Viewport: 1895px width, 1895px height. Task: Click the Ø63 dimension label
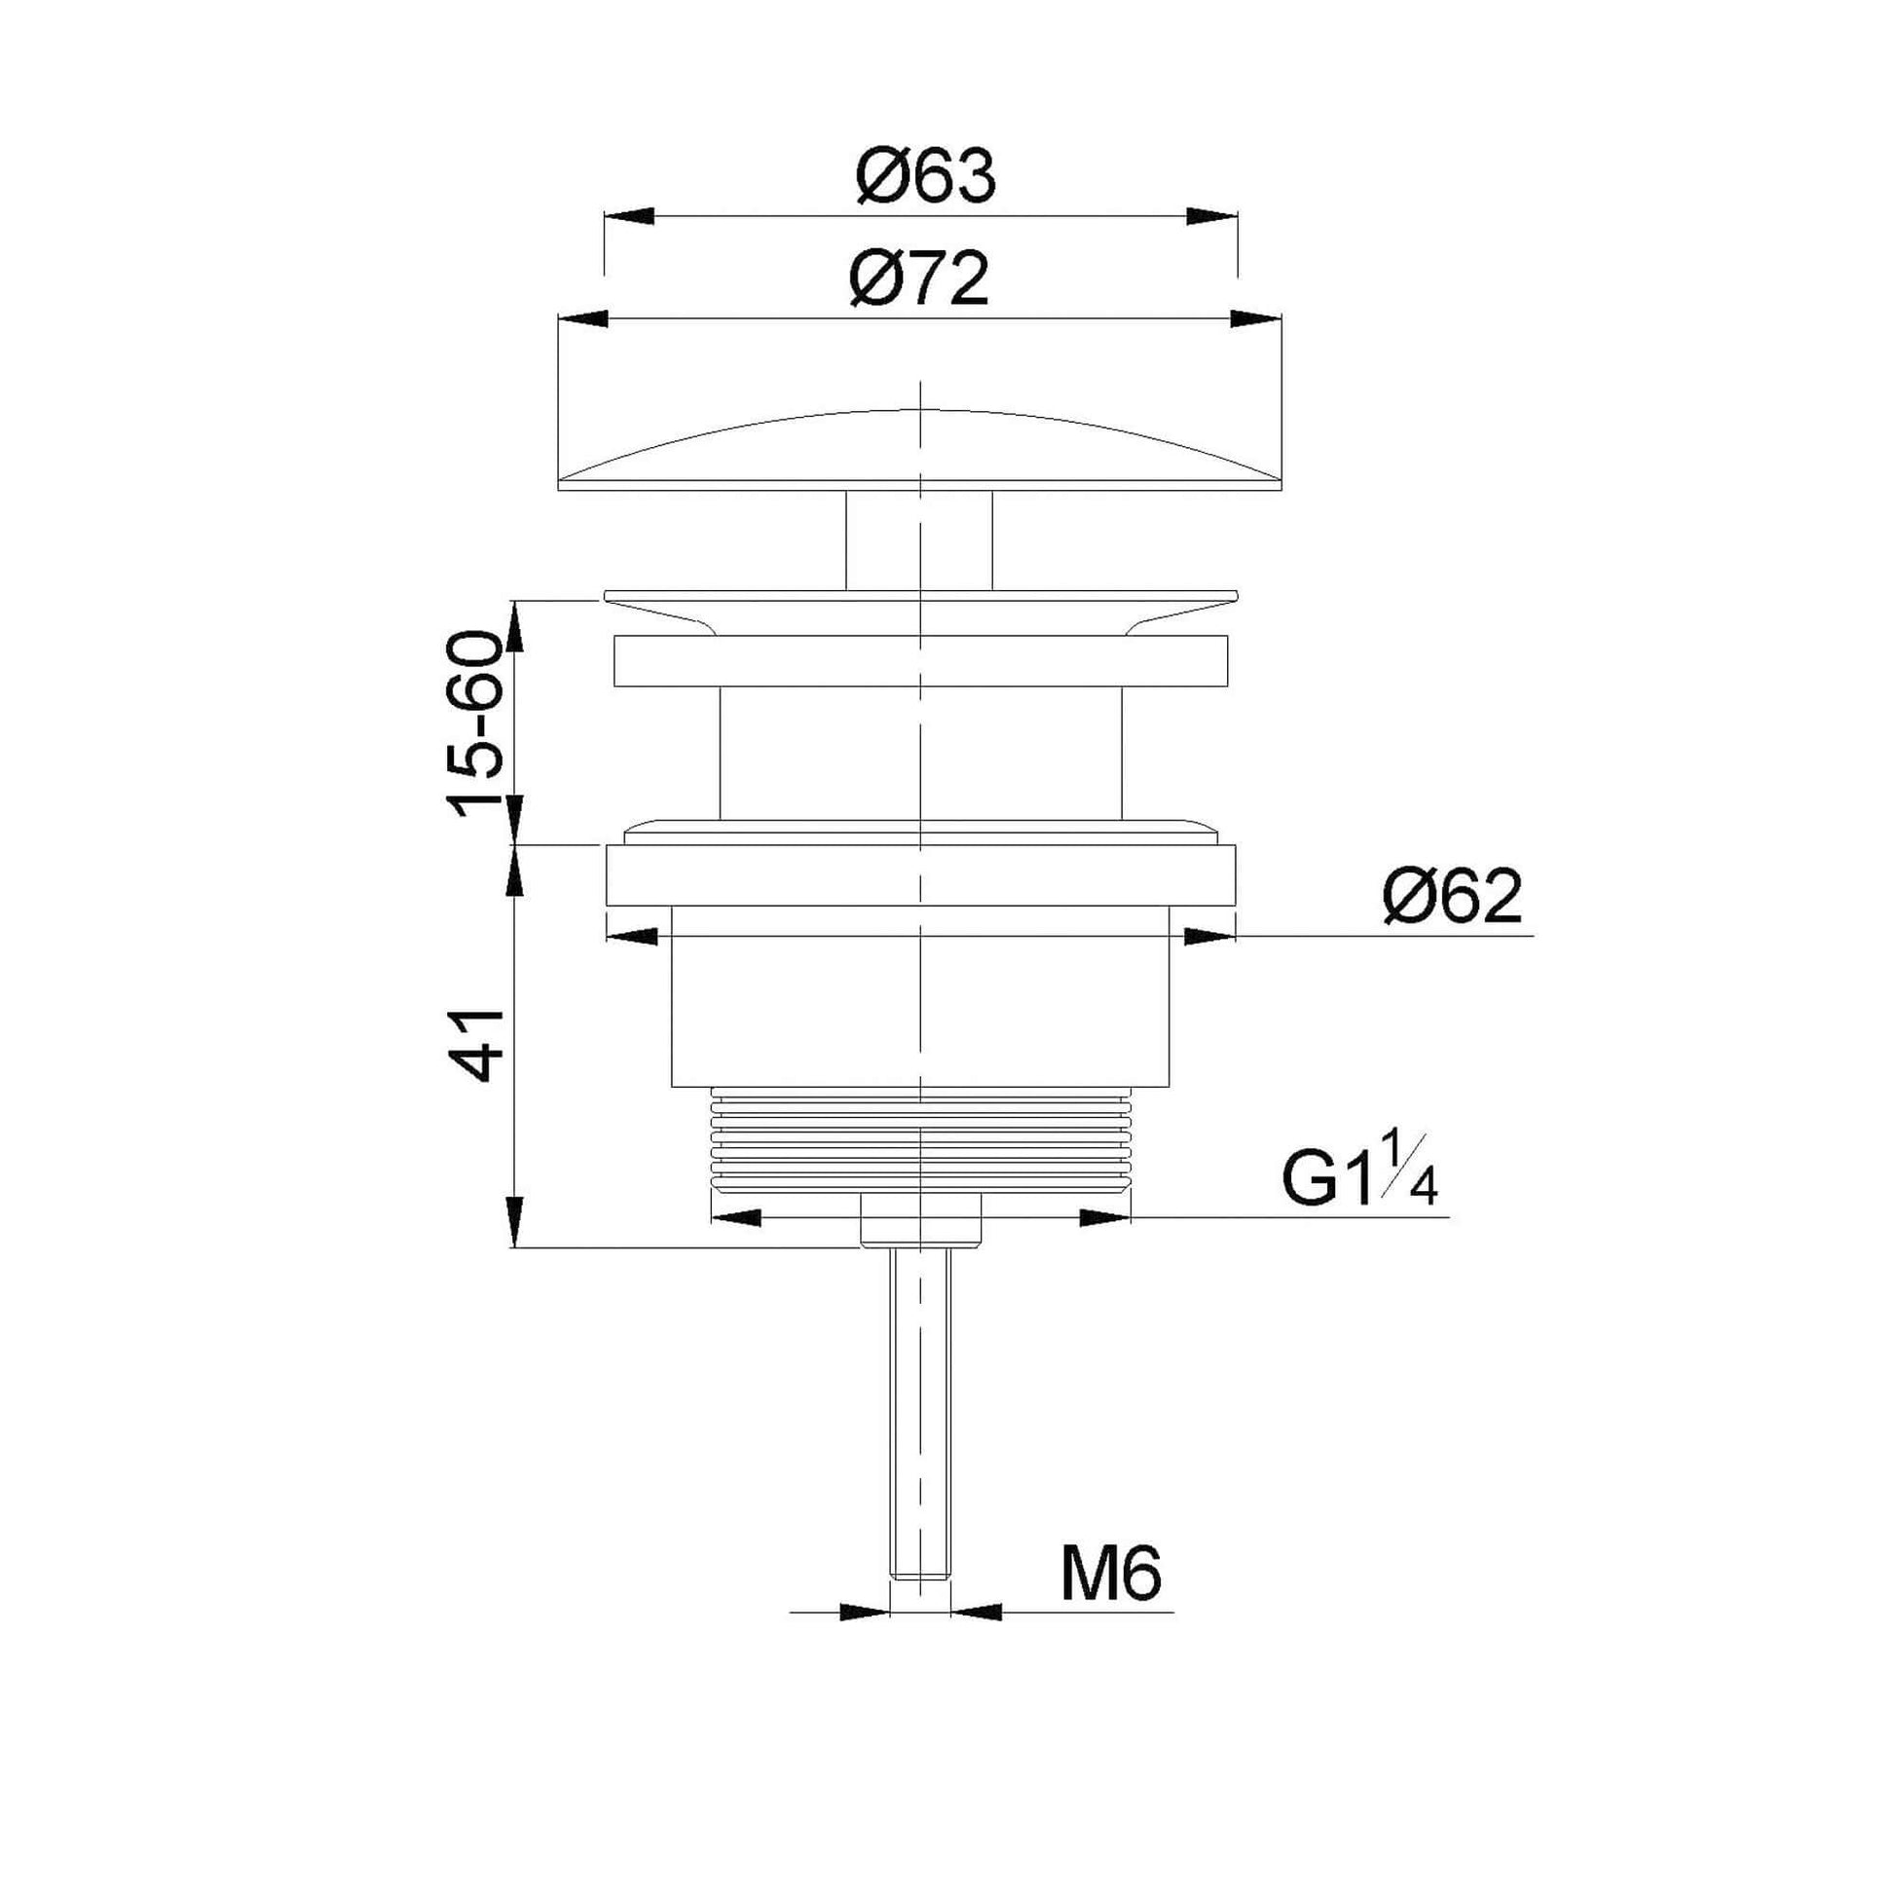pos(925,177)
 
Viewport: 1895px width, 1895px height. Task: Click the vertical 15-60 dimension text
pos(475,724)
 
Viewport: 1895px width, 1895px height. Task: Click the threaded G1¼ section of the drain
pos(920,1136)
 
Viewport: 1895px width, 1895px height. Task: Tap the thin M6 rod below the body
pos(920,1423)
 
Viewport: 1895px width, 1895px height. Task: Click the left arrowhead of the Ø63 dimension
pos(629,217)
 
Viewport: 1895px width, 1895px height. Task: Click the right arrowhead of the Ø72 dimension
pos(1255,317)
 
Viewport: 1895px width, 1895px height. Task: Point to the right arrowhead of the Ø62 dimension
pos(1208,937)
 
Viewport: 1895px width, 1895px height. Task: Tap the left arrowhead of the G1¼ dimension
pos(735,1218)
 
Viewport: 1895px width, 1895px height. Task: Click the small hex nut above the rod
pos(920,1219)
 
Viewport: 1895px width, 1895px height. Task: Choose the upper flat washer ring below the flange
pos(920,660)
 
